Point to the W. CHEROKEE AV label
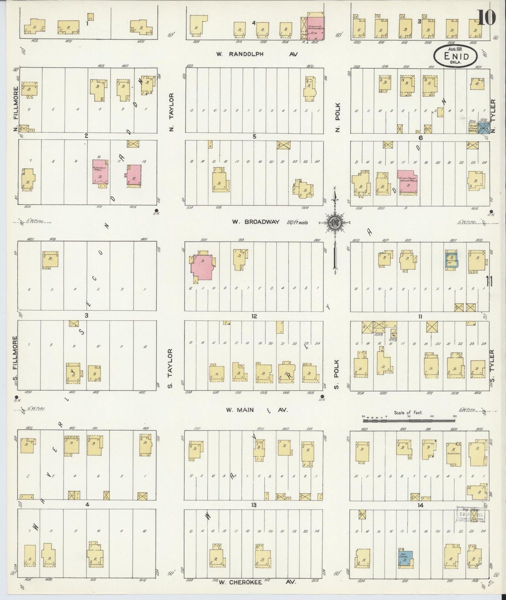click(x=257, y=582)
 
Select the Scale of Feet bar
click(x=408, y=417)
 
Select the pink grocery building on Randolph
click(x=316, y=27)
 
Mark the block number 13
click(x=254, y=505)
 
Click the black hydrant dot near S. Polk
click(x=322, y=397)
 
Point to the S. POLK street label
click(x=337, y=368)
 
